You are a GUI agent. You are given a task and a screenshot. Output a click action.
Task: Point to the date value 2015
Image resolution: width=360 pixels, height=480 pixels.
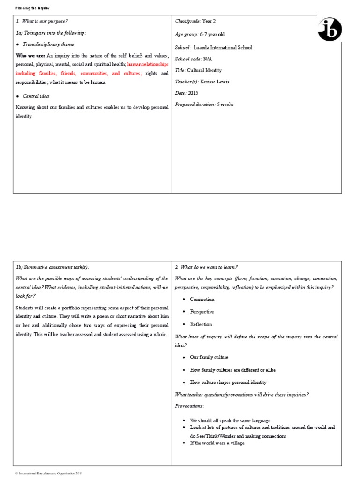click(194, 93)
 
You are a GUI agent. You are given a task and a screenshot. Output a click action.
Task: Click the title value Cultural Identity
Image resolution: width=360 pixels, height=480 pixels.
click(204, 70)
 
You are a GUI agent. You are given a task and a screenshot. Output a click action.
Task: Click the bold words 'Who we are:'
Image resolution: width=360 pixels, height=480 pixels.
click(30, 56)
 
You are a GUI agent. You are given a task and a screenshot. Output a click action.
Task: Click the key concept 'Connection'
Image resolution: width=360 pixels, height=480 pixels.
click(202, 299)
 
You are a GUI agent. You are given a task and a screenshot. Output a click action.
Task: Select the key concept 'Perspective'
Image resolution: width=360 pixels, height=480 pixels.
click(202, 312)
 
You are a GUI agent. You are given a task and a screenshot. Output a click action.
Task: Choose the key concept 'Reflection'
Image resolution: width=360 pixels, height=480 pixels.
click(201, 324)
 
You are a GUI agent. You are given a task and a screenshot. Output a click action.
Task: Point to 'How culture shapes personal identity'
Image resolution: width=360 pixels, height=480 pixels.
click(228, 382)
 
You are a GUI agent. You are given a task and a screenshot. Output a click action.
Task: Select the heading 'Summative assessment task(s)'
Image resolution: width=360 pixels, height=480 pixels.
click(52, 267)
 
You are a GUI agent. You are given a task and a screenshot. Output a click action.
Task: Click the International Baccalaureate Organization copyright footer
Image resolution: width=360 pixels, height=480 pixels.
click(50, 474)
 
